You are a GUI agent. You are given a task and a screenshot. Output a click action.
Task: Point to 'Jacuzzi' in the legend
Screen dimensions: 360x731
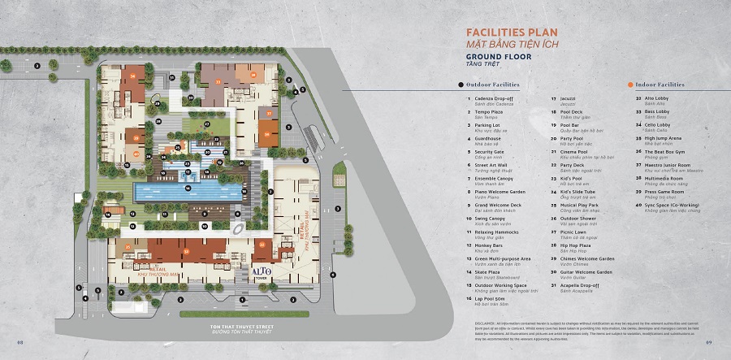tap(568, 99)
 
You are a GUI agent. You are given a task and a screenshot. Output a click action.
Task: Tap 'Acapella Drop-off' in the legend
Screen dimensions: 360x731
tap(577, 285)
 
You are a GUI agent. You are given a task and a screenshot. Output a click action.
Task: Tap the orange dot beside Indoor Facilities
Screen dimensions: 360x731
tap(630, 85)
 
